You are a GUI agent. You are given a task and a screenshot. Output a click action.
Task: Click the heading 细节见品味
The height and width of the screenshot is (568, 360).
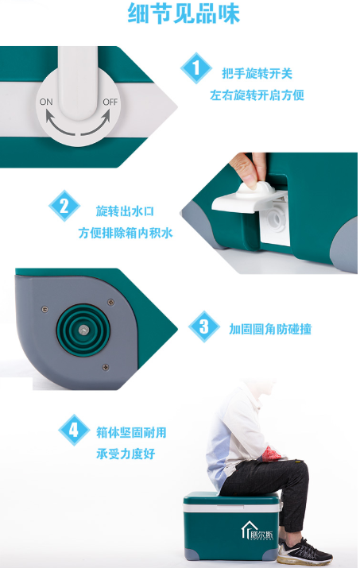pos(184,14)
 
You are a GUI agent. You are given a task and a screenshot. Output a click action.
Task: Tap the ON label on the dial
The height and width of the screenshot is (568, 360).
pos(46,102)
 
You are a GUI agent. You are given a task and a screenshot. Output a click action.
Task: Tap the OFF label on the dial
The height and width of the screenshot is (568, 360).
pos(110,102)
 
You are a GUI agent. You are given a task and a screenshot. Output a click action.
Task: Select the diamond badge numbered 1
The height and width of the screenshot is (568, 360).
pos(196,68)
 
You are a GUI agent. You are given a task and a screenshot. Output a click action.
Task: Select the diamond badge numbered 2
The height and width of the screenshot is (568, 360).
pos(64,206)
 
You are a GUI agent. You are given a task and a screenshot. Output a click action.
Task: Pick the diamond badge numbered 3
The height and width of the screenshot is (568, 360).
pos(204,327)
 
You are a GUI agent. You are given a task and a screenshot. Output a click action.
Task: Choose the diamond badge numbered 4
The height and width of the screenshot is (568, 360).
pos(74,430)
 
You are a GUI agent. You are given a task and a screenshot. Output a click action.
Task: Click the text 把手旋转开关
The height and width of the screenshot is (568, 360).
pos(257,74)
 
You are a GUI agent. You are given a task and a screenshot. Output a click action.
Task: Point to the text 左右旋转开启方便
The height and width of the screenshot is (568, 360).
pos(257,95)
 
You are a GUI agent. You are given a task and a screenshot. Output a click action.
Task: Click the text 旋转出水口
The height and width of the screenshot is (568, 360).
pos(125,211)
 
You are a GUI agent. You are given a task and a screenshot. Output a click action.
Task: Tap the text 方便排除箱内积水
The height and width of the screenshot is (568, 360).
pos(126,233)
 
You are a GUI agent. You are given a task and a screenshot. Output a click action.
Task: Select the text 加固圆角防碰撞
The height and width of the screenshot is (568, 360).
pos(270,329)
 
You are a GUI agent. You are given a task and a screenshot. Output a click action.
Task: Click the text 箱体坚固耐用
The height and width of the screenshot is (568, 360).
pos(131,432)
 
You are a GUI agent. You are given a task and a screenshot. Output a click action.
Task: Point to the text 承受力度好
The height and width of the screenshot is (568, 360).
pos(126,454)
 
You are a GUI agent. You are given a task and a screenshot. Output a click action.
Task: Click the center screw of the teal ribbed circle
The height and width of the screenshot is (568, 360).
pos(83,330)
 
